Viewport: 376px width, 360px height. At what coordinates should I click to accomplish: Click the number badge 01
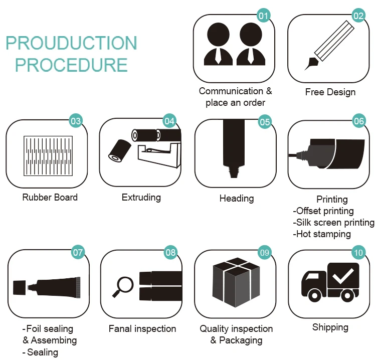(x=264, y=16)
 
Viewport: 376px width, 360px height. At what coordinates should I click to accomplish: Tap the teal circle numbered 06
(x=359, y=121)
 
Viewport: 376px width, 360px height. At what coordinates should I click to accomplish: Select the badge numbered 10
(x=358, y=253)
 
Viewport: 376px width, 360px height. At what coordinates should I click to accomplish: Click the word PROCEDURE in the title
(x=71, y=65)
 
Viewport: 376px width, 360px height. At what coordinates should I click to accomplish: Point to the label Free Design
(x=330, y=92)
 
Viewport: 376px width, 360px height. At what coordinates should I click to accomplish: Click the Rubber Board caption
(x=50, y=198)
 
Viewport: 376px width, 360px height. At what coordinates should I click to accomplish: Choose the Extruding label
(x=141, y=198)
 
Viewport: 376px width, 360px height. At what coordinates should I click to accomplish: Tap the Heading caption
(x=237, y=199)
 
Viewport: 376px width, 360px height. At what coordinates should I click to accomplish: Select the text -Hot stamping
(x=322, y=234)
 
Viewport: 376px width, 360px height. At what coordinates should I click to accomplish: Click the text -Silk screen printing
(x=334, y=223)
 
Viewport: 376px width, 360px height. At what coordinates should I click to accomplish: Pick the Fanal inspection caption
(x=142, y=329)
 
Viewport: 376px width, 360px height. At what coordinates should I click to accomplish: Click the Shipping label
(x=330, y=327)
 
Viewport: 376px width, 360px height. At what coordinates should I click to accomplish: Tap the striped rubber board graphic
(x=49, y=155)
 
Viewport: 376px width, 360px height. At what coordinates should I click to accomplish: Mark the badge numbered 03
(x=76, y=121)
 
